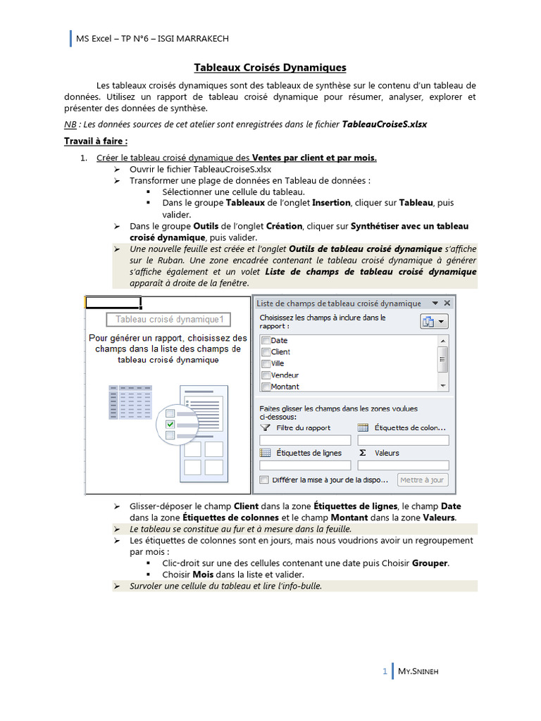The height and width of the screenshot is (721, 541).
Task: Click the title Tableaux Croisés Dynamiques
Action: [270, 68]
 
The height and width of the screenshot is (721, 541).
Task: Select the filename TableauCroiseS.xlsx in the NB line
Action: [384, 124]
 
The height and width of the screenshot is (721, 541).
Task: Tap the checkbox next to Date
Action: [266, 341]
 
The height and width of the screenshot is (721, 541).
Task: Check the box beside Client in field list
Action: [266, 352]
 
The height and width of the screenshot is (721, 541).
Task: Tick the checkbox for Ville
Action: [266, 363]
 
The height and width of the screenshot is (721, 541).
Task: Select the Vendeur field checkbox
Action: [266, 375]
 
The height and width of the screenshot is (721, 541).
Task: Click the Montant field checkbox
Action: [266, 387]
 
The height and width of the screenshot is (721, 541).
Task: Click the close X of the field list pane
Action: [446, 303]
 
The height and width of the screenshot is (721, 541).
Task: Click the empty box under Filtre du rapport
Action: [305, 440]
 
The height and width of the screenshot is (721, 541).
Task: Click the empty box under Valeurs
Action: [403, 465]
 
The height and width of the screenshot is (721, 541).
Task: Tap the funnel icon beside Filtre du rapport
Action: [266, 427]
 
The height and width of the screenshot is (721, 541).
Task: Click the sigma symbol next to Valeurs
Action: [363, 453]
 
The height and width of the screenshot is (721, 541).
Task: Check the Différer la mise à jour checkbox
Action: [264, 480]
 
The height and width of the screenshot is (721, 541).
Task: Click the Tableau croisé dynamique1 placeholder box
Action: [168, 320]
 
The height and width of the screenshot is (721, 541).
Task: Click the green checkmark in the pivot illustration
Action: [170, 425]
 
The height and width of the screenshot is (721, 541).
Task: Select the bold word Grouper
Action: [430, 564]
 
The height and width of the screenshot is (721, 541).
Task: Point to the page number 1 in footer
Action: [385, 672]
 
